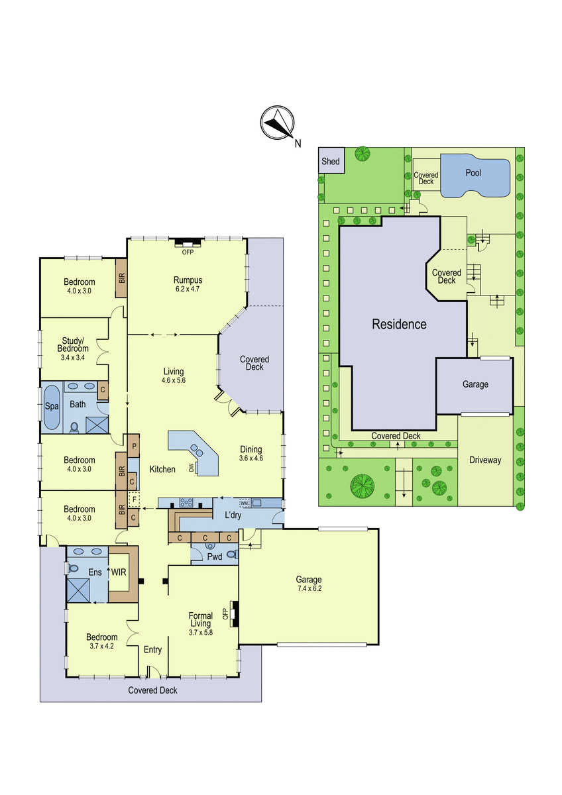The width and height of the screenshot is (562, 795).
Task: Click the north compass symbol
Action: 277,123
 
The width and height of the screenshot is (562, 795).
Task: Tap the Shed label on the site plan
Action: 331,161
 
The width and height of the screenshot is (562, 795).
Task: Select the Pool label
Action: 473,173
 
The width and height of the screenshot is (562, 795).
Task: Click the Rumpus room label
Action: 188,280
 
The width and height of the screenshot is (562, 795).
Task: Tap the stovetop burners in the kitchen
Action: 186,503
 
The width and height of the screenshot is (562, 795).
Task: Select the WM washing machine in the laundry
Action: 245,503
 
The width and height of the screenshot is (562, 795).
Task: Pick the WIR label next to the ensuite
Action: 119,572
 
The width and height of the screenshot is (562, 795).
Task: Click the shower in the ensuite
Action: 78,590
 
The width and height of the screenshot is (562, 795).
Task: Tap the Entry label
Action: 152,649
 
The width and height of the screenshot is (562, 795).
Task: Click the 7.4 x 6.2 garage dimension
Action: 309,588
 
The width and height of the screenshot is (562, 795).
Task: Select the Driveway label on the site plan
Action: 485,460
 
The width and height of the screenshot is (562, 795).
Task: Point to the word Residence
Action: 399,324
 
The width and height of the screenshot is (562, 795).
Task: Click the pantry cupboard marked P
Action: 134,446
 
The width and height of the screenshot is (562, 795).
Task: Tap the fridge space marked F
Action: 134,500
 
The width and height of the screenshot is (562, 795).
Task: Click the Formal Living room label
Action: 201,619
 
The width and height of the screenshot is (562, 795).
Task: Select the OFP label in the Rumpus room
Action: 188,252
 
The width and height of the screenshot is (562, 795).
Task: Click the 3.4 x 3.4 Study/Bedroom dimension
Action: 73,358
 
